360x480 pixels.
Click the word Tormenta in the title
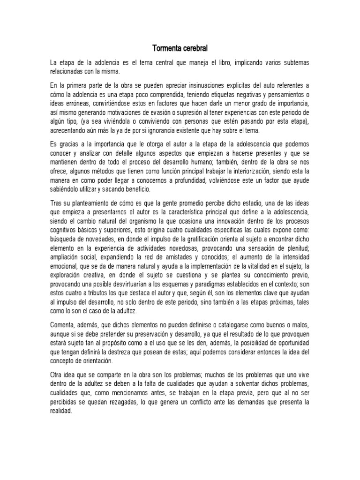pyautogui.click(x=166, y=48)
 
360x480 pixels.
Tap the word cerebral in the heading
pyautogui.click(x=195, y=48)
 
